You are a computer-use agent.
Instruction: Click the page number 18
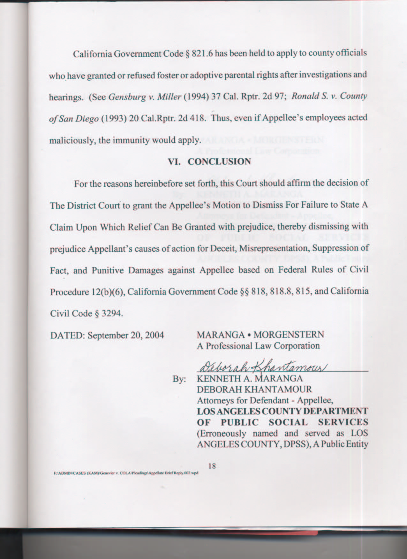pos(212,466)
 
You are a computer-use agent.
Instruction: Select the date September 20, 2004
pos(126,335)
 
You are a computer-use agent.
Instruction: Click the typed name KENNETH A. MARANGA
pos(250,379)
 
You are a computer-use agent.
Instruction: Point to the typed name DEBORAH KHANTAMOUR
pos(254,389)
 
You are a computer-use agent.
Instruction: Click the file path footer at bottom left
pos(126,473)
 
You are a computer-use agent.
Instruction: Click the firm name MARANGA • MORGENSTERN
pos(260,335)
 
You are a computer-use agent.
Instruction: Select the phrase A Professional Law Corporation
pos(258,346)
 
